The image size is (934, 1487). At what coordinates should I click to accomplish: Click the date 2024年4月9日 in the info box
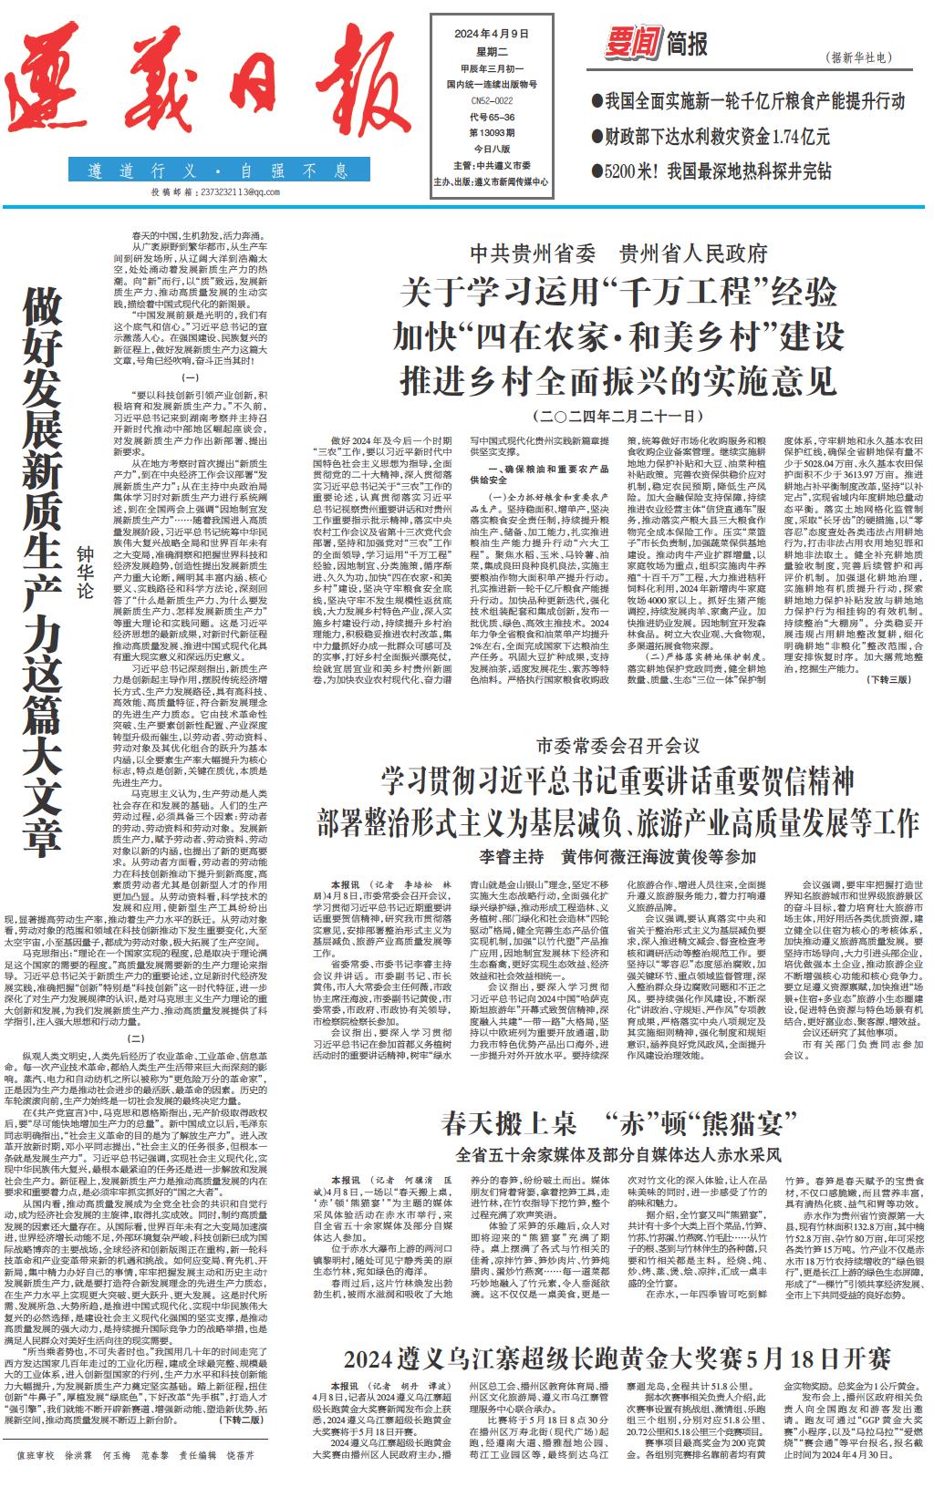pyautogui.click(x=491, y=34)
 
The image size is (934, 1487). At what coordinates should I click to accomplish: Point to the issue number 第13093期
pyautogui.click(x=491, y=132)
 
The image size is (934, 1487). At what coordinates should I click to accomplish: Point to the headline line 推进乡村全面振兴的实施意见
pyautogui.click(x=617, y=379)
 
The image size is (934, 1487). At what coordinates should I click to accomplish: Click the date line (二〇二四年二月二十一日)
pyautogui.click(x=617, y=416)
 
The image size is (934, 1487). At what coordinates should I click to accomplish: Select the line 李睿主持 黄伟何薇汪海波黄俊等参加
pyautogui.click(x=617, y=856)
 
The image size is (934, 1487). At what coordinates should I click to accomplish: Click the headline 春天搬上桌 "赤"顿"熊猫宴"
pyautogui.click(x=619, y=1121)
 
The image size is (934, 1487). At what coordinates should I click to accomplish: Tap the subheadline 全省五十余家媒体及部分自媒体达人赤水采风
pyautogui.click(x=619, y=1153)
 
